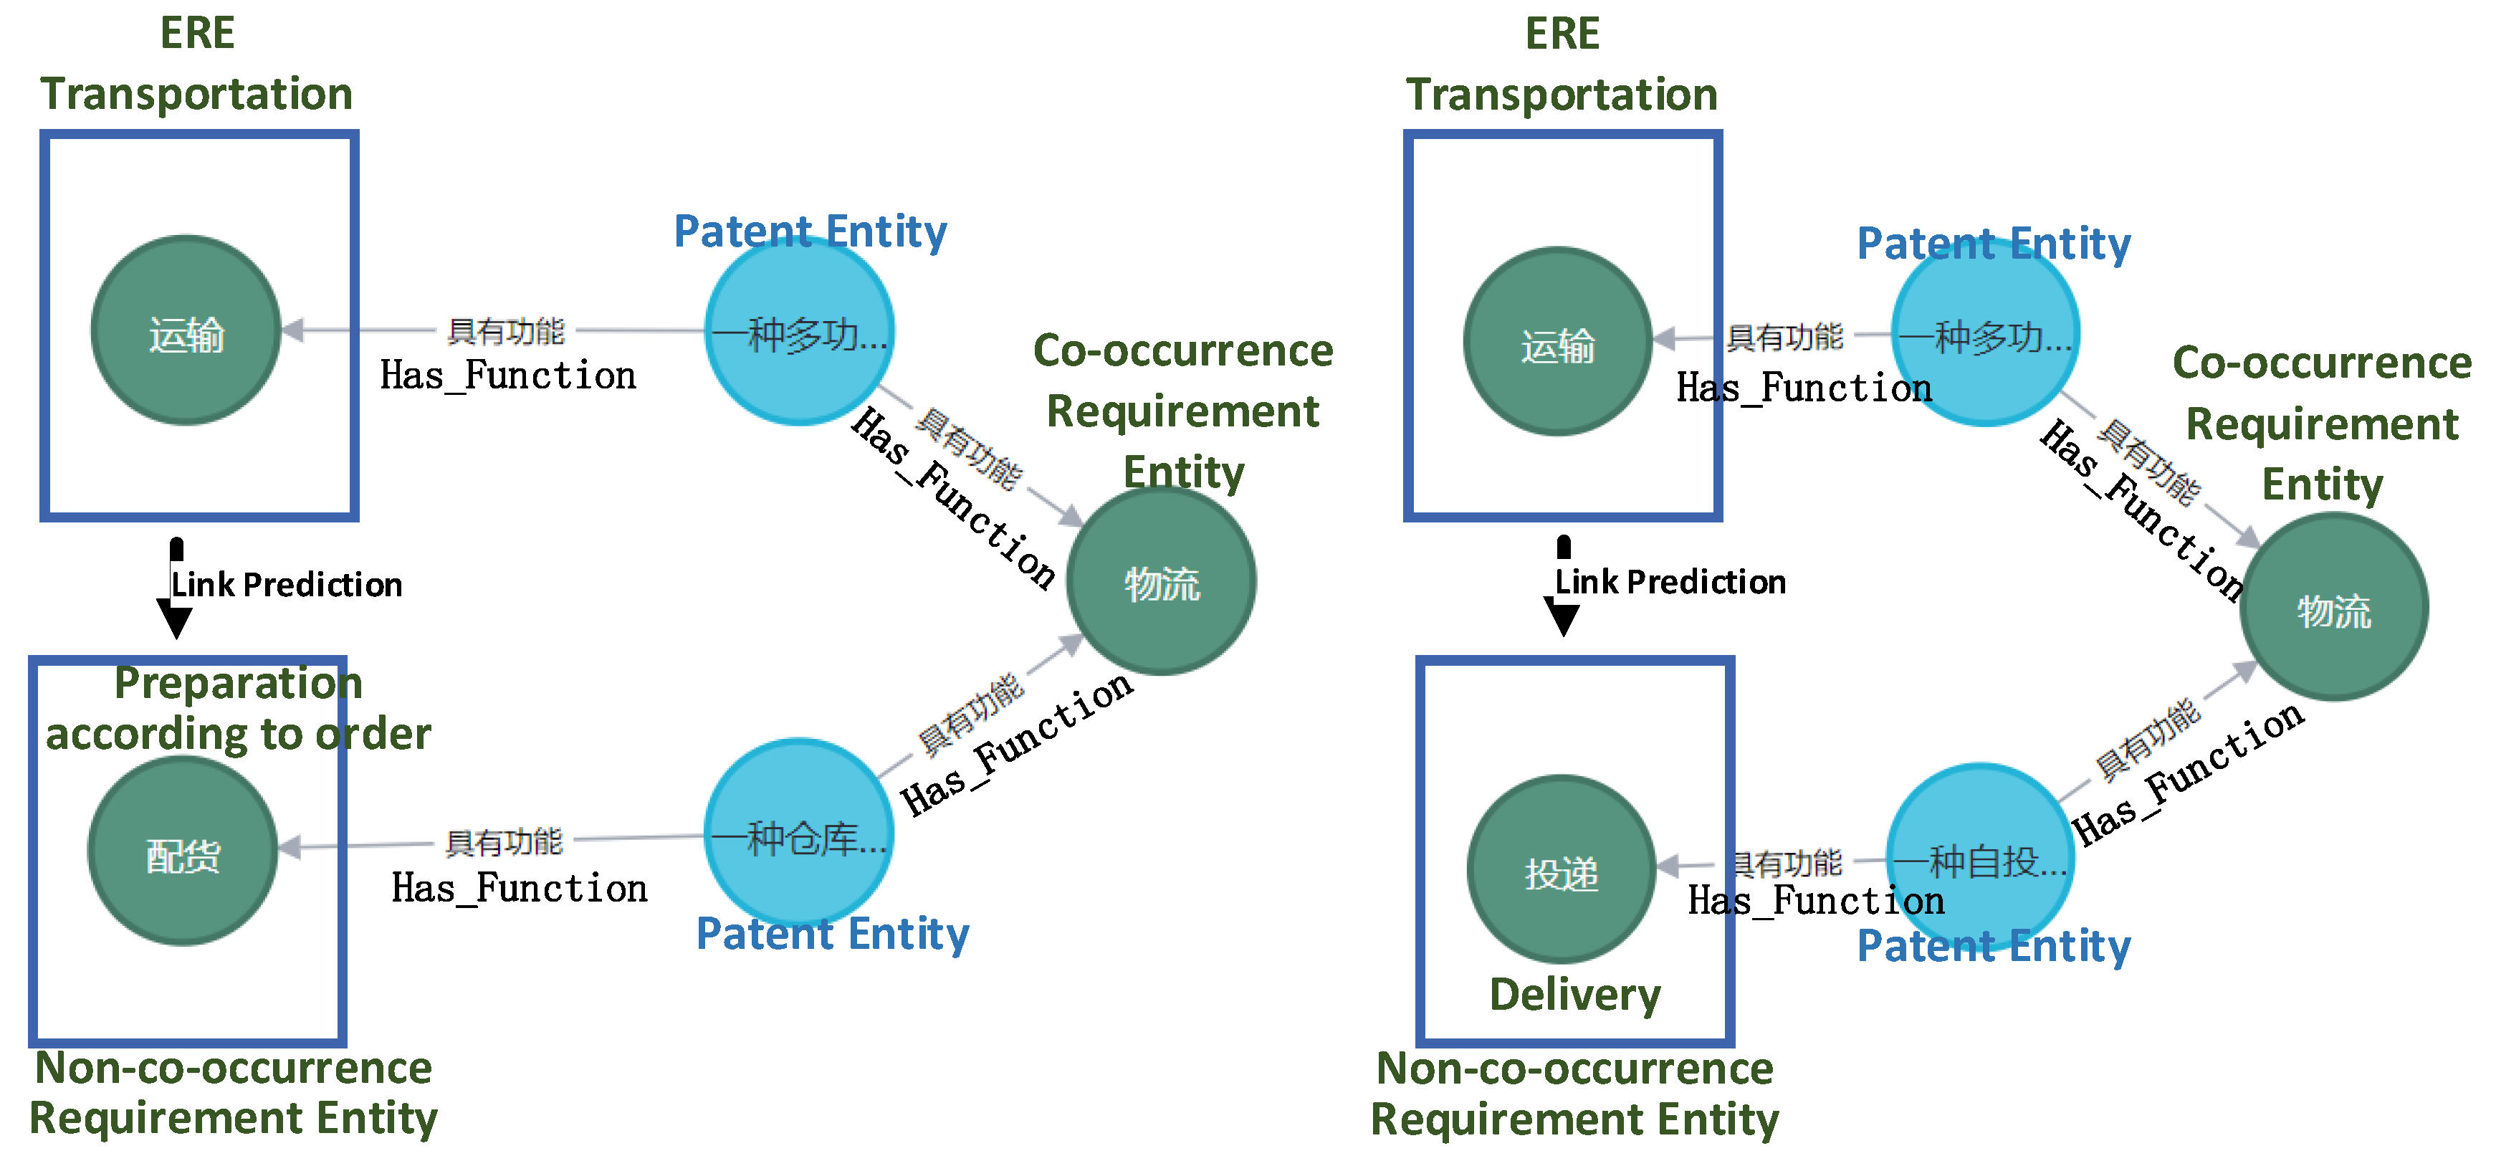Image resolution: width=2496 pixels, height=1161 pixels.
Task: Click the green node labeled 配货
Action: click(x=183, y=851)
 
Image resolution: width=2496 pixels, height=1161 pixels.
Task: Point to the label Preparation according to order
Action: click(x=239, y=708)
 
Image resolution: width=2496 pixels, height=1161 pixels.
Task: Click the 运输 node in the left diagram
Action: click(x=186, y=330)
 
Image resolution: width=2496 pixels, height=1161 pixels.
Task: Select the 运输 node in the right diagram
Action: click(x=1557, y=342)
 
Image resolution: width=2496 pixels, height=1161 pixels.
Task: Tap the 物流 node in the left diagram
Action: click(x=1161, y=581)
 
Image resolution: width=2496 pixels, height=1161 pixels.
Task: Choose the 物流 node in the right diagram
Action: click(x=2333, y=608)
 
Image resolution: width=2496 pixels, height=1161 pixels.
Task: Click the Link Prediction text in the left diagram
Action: click(x=287, y=584)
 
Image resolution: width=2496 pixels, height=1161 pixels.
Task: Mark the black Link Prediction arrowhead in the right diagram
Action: click(x=1563, y=617)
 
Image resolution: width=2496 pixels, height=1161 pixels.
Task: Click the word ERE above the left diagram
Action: click(x=196, y=33)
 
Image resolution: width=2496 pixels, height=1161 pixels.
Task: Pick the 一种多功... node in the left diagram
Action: click(x=798, y=330)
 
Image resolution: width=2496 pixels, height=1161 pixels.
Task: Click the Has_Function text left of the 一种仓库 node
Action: click(x=520, y=888)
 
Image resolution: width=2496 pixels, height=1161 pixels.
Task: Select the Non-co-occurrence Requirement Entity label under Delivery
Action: click(x=1574, y=1093)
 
